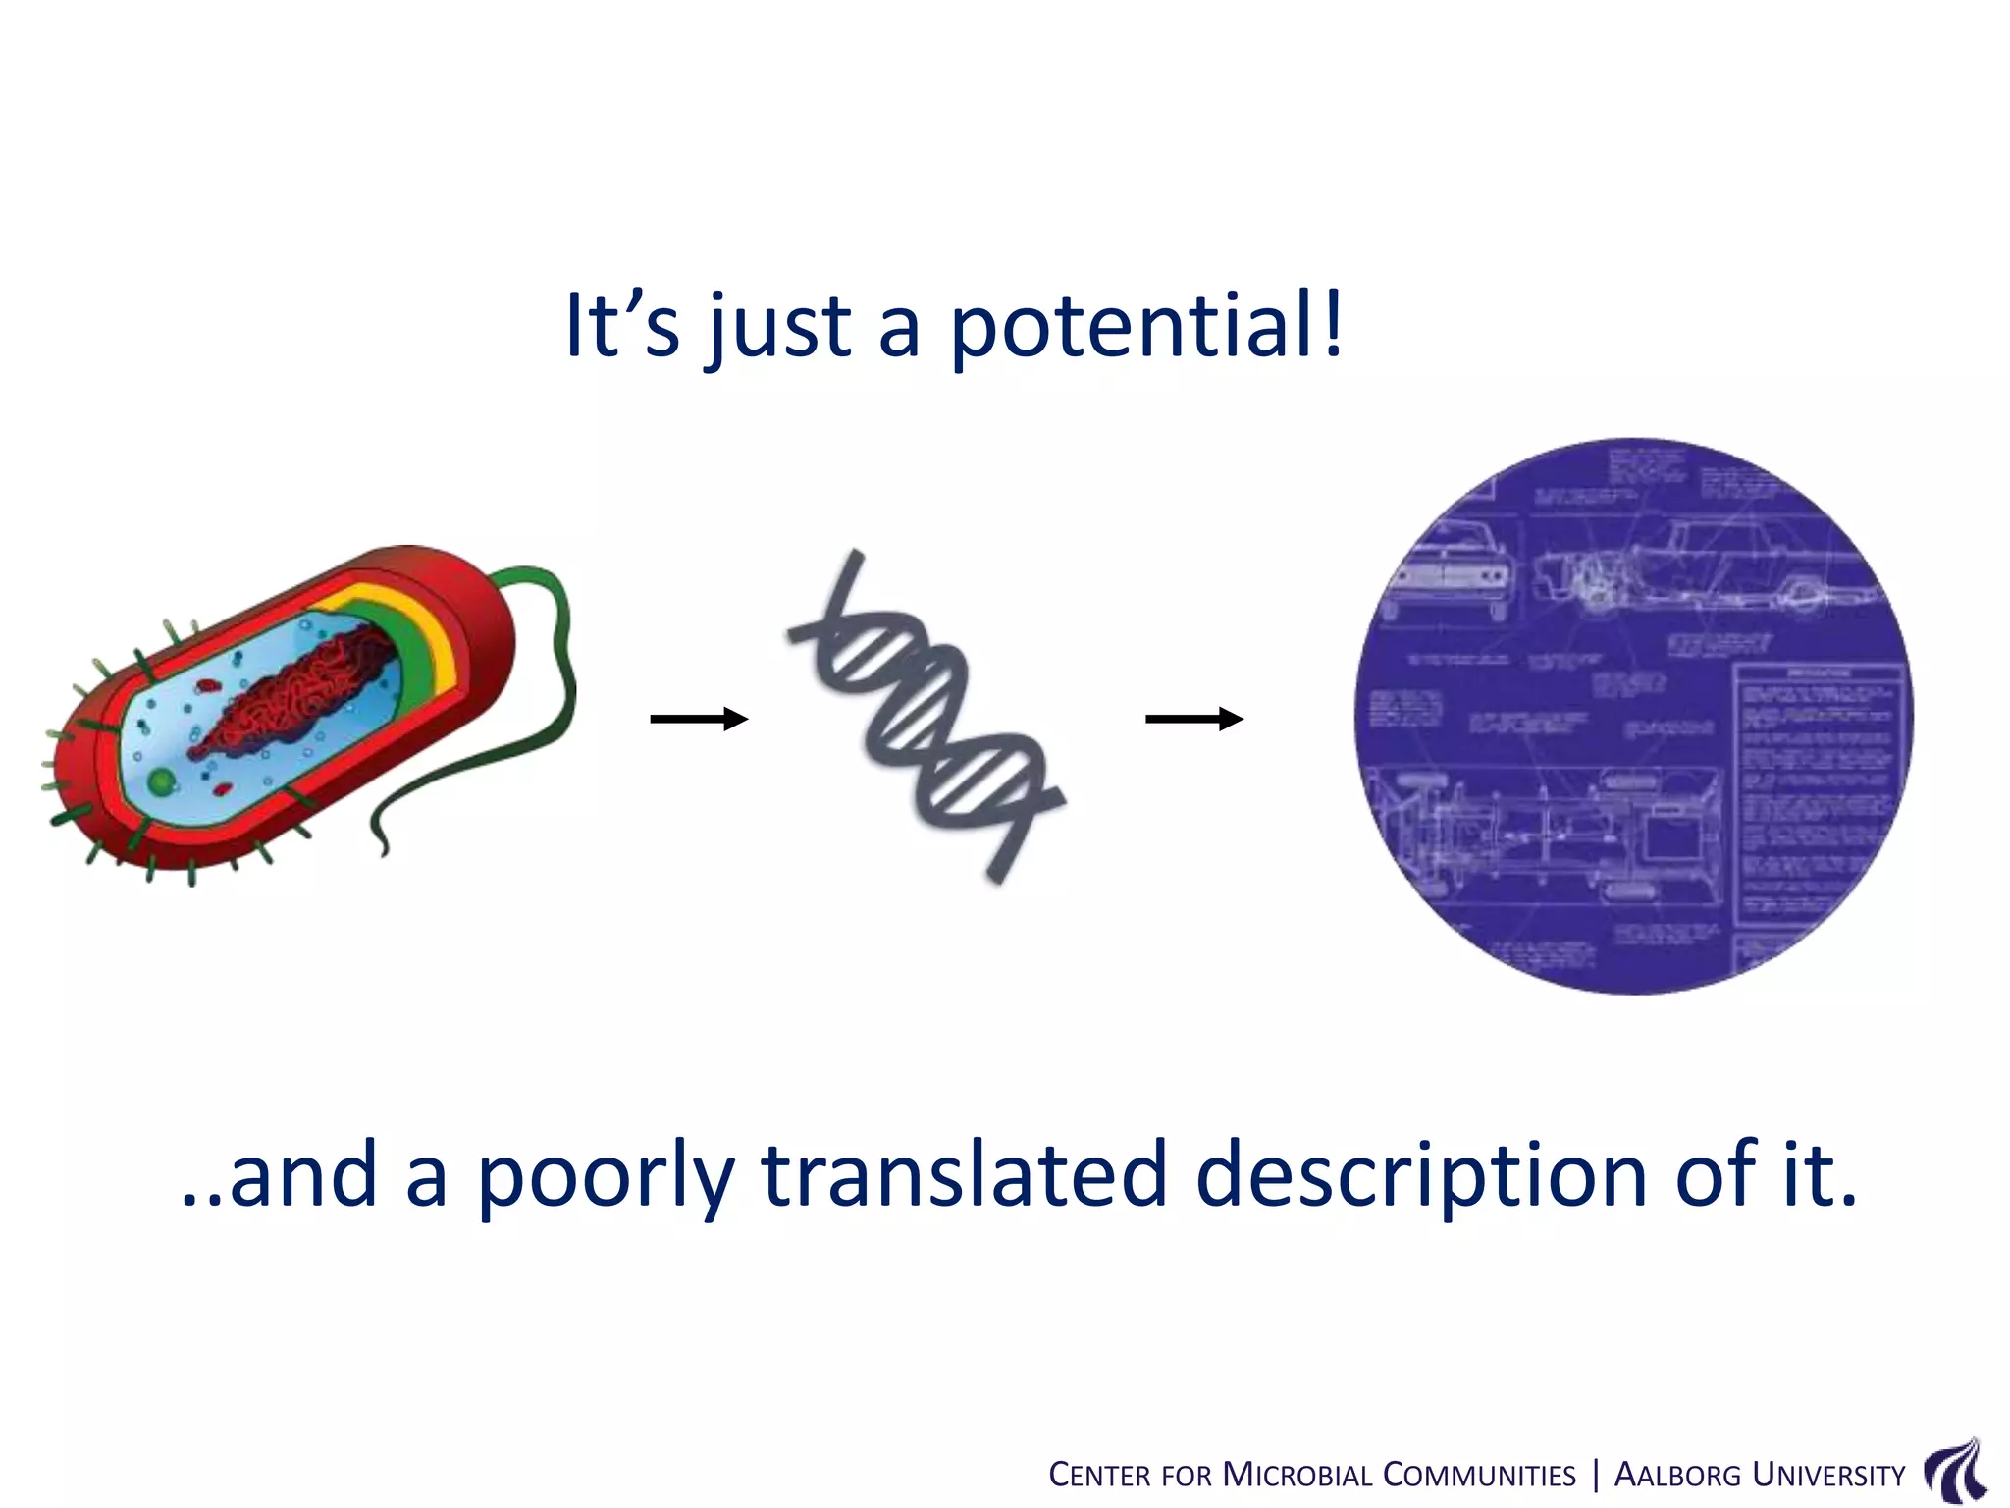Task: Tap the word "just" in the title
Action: pos(778,326)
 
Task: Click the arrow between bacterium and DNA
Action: pos(699,720)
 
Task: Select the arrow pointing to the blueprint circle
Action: pos(1194,720)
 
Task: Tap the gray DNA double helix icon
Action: pos(926,717)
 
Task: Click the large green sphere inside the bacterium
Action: pos(161,782)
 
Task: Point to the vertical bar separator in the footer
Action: pos(1596,1475)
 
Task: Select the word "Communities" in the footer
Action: pos(1479,1476)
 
